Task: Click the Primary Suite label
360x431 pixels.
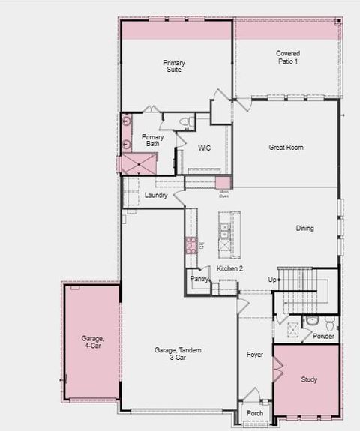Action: point(174,66)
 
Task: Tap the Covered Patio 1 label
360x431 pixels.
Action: point(287,57)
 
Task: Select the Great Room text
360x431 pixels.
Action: point(286,148)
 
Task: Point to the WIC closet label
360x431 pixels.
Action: point(204,148)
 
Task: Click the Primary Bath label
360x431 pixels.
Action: point(152,140)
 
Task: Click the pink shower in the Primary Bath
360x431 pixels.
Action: point(139,164)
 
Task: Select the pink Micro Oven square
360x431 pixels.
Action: point(223,183)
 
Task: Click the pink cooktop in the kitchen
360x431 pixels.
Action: point(191,244)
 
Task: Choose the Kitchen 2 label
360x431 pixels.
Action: point(230,268)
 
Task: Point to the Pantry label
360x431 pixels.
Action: point(199,279)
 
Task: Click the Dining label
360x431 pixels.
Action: point(304,229)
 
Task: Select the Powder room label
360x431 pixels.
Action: point(323,336)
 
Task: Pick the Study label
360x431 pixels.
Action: point(309,379)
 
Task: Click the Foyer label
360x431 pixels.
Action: point(255,354)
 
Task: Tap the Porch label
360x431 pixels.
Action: point(255,413)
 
